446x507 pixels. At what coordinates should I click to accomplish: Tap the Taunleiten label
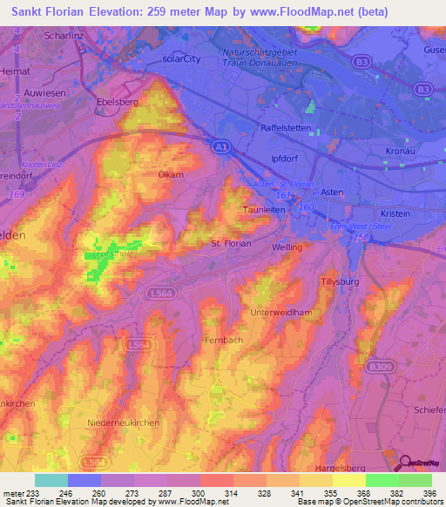click(265, 210)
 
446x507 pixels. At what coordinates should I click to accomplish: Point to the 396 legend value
click(428, 494)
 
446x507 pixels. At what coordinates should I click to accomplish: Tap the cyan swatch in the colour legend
click(51, 480)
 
